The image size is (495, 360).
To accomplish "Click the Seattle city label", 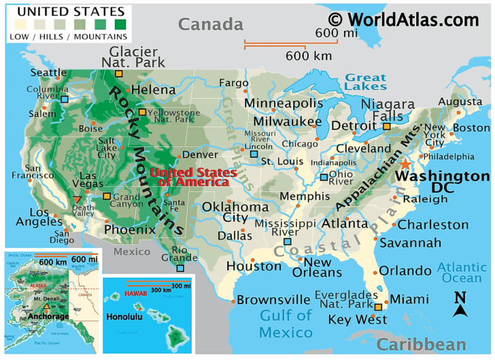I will [48, 73].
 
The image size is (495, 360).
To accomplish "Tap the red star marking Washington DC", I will [406, 164].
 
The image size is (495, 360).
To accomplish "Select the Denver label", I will [200, 154].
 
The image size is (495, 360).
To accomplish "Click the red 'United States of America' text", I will [190, 177].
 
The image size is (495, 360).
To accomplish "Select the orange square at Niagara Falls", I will [387, 126].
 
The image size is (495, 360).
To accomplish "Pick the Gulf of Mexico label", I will [286, 324].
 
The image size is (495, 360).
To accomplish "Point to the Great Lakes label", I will [365, 82].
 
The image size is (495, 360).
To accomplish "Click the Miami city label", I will [409, 299].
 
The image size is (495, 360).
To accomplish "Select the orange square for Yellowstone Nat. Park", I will [142, 112].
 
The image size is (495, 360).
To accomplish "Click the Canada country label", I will [210, 25].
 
